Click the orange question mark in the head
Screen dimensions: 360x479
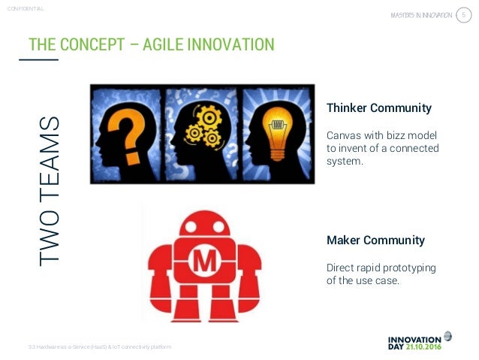pos(126,129)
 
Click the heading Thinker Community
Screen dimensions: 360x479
pos(378,108)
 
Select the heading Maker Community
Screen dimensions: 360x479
pos(375,241)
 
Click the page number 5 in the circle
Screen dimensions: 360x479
pos(463,15)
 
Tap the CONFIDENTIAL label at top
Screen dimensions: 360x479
pos(24,8)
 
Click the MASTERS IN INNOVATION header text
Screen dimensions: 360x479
pos(422,16)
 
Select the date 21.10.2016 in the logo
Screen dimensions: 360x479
pos(429,347)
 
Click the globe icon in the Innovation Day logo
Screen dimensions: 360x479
pos(447,336)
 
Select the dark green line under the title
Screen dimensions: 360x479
pos(44,59)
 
